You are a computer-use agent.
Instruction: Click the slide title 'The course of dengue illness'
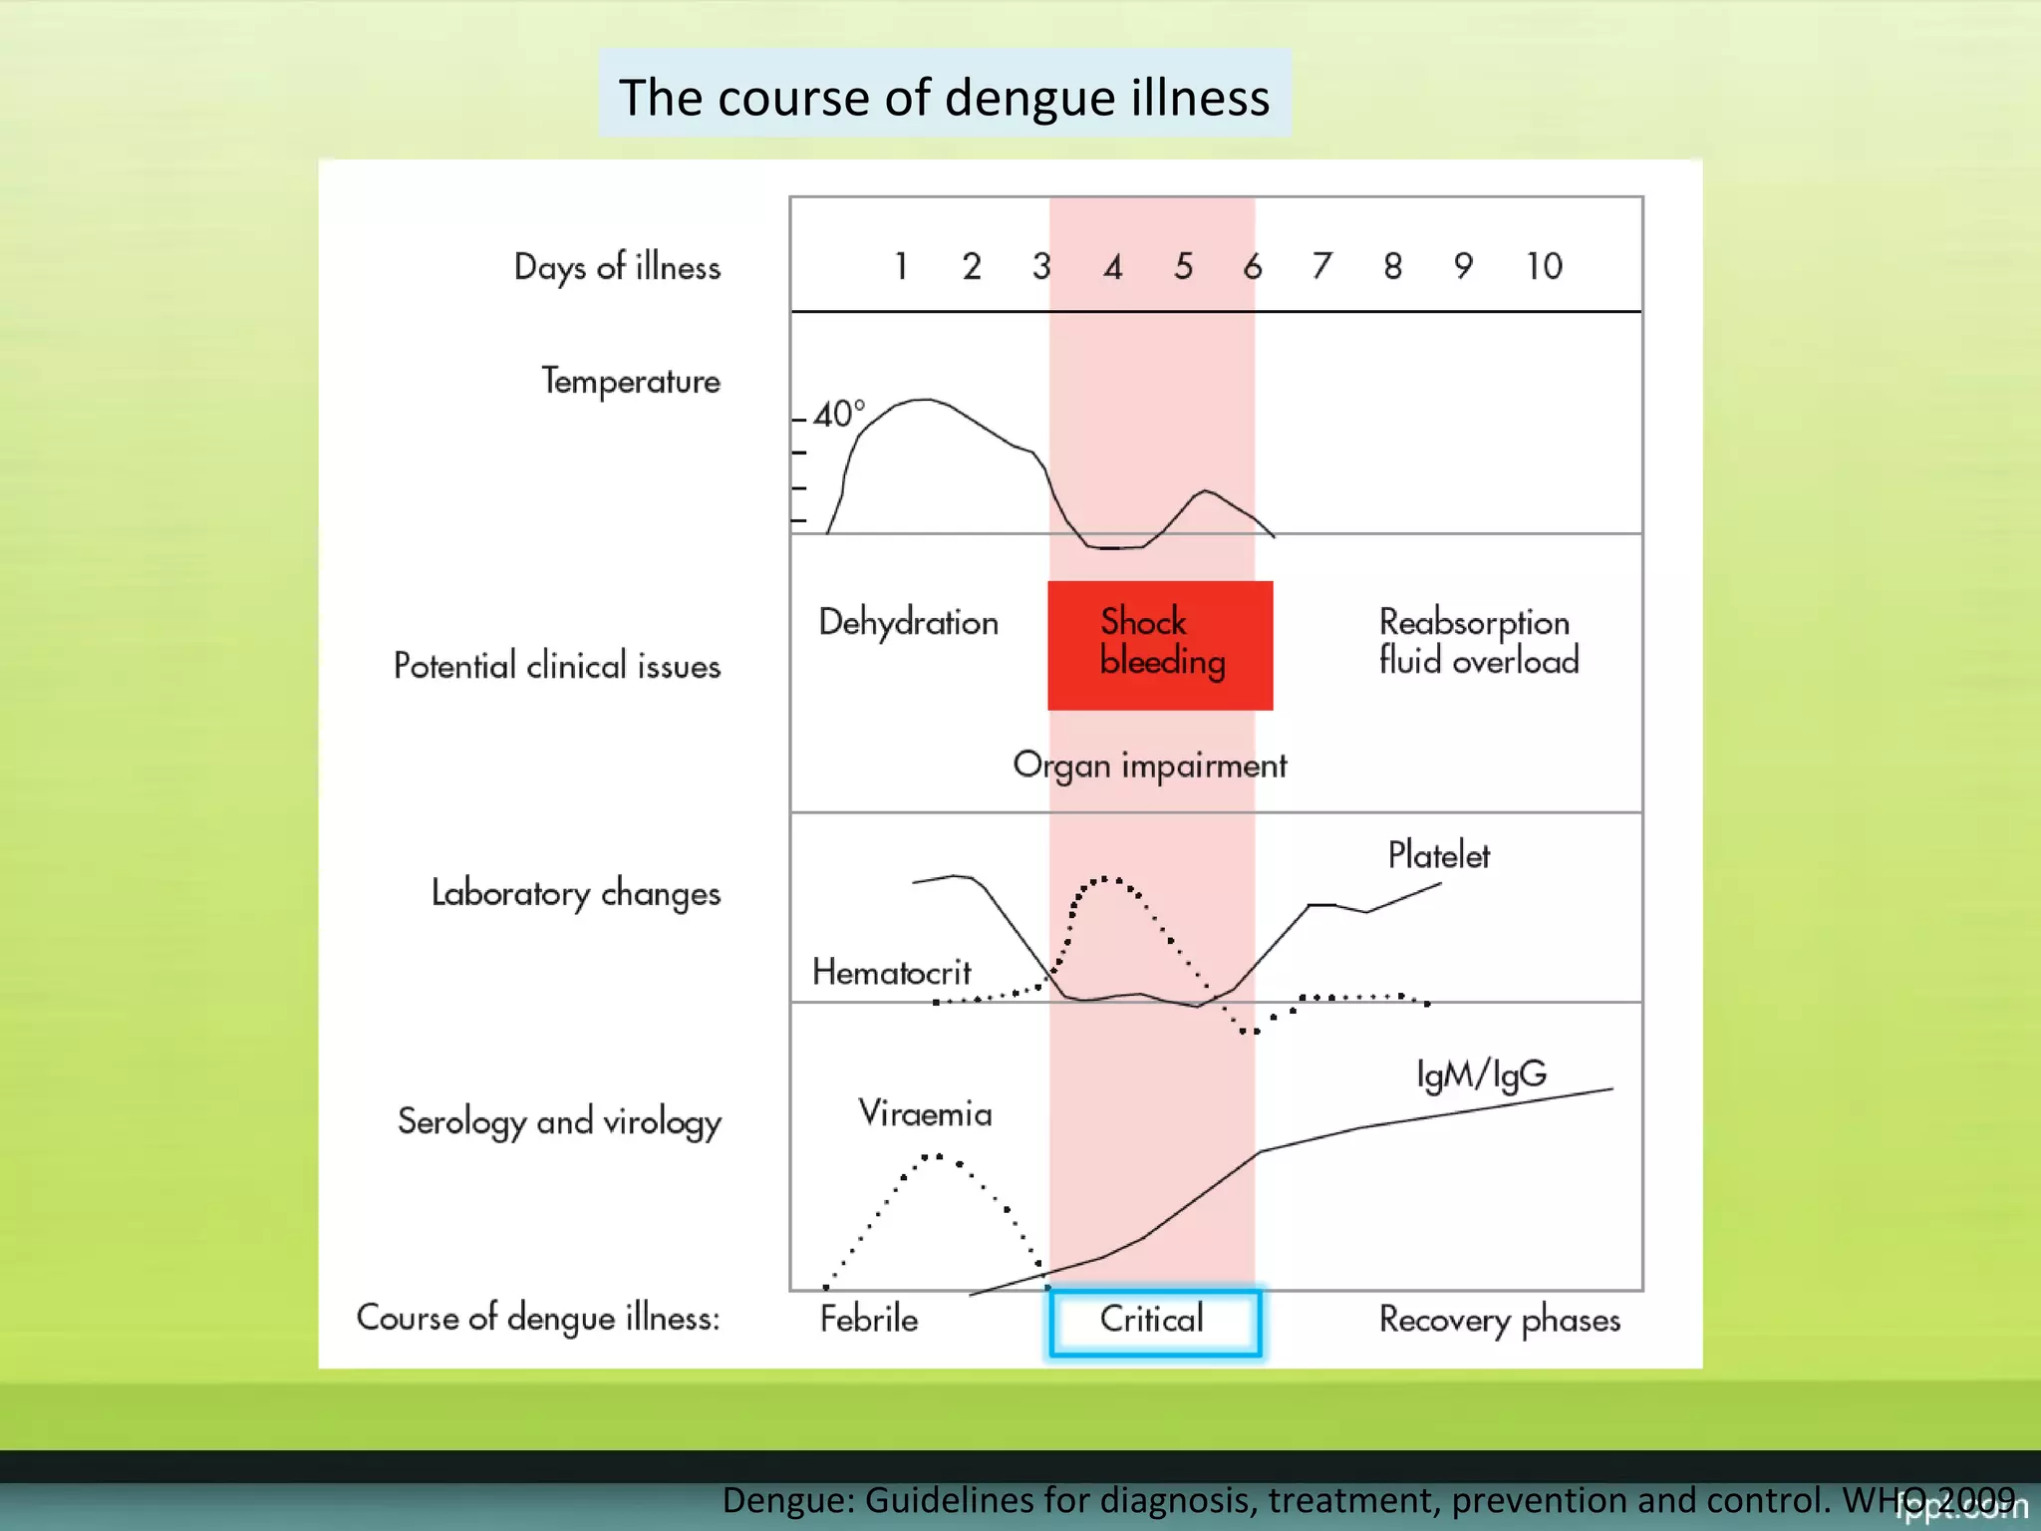(944, 97)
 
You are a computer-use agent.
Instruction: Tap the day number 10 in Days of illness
(1544, 266)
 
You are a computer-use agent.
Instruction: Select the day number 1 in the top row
(901, 266)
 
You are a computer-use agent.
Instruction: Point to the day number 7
(1321, 266)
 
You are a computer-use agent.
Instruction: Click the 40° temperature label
(838, 414)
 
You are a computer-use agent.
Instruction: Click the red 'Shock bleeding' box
(1160, 644)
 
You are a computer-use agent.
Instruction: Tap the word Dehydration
(908, 622)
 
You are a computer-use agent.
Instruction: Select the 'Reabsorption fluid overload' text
(1478, 641)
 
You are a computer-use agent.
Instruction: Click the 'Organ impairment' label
(1149, 765)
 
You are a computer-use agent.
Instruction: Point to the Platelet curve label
(1438, 855)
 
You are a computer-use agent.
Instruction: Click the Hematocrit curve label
(891, 972)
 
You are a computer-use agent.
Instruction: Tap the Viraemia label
(925, 1113)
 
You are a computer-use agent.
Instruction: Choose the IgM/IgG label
(1481, 1074)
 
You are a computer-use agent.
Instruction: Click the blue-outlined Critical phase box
(1154, 1322)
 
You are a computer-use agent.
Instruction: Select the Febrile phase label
(869, 1320)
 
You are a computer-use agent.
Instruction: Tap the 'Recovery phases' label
(1499, 1320)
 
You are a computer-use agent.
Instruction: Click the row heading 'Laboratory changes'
(575, 893)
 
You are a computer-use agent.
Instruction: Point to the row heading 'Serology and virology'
(559, 1121)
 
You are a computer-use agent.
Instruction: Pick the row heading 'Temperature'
(630, 382)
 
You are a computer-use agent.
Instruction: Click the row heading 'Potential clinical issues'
(556, 666)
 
